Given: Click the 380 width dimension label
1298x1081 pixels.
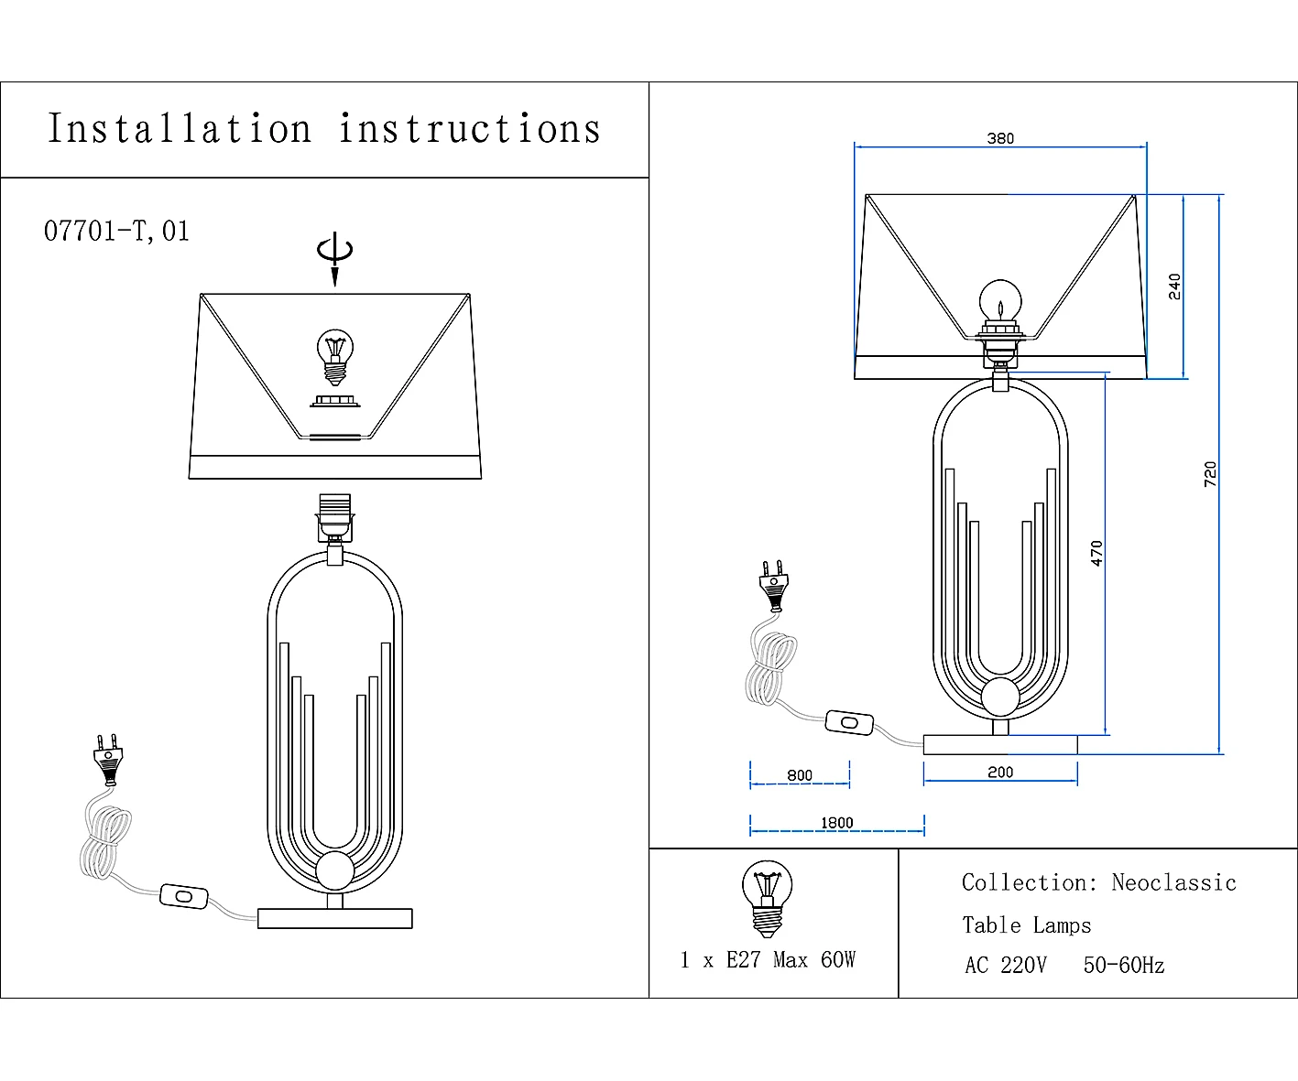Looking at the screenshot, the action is click(1000, 138).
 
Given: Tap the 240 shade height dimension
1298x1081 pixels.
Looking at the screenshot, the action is click(1174, 286).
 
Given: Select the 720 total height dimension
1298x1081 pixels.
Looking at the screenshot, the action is click(1210, 474).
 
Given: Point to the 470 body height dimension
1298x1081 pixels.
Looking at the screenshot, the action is click(1096, 553).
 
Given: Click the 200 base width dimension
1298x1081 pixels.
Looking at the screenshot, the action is click(1000, 773).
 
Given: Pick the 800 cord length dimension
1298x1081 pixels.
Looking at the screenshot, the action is click(800, 775).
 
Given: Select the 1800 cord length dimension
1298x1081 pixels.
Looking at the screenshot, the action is click(836, 823).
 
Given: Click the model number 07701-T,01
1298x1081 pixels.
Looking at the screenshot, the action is click(116, 231).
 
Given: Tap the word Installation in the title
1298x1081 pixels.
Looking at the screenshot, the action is click(180, 128).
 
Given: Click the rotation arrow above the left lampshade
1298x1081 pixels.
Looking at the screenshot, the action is click(335, 258).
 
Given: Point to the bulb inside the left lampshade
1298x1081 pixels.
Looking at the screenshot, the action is click(335, 357).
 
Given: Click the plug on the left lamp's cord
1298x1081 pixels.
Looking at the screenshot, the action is click(108, 760).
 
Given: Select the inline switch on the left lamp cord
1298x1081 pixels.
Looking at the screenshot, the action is click(184, 896).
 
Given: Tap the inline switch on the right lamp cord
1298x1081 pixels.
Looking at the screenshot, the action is click(849, 722).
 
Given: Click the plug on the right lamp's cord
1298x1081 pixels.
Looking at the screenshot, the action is click(774, 586).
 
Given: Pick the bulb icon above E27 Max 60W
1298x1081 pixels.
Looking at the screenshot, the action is click(767, 899).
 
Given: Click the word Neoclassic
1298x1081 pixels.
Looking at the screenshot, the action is click(1173, 882).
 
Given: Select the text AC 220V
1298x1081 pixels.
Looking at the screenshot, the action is click(1006, 965).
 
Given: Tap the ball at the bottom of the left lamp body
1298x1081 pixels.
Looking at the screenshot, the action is click(335, 870).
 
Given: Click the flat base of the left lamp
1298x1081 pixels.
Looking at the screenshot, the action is click(335, 919).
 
